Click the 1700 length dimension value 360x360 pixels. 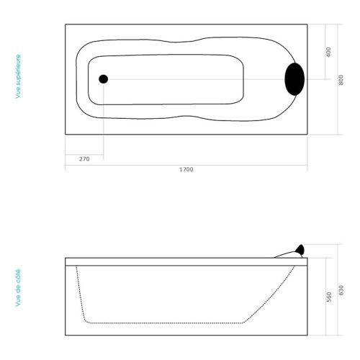click(x=186, y=169)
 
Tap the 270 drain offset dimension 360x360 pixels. click(x=84, y=159)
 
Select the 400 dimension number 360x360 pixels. click(x=328, y=52)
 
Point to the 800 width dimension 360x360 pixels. click(x=341, y=80)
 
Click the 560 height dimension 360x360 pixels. click(x=329, y=297)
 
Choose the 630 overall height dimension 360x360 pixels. click(x=341, y=290)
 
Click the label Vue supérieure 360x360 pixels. click(x=18, y=76)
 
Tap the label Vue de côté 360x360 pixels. click(x=18, y=288)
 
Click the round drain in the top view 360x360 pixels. click(x=104, y=79)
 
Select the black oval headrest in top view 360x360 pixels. click(x=294, y=79)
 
